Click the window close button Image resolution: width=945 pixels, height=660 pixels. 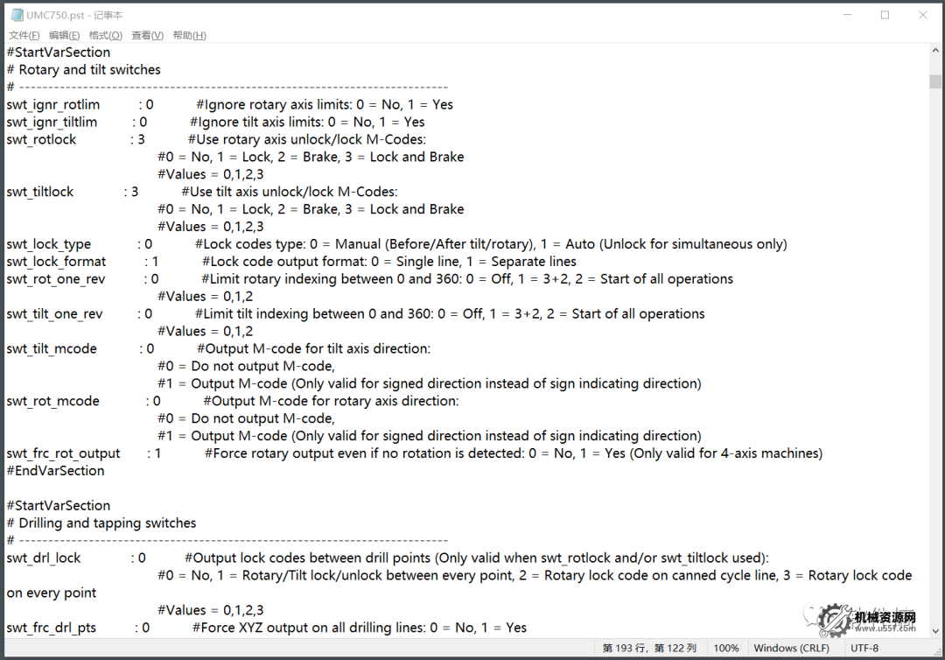923,15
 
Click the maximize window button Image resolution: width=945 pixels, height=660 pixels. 885,15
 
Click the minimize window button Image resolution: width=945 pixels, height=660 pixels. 846,15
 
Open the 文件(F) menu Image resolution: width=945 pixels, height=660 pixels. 24,35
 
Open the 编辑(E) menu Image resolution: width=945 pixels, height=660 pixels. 64,35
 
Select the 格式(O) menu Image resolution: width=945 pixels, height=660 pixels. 106,35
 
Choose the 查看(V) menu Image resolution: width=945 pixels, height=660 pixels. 147,35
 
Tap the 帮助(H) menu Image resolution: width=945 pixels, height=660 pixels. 189,35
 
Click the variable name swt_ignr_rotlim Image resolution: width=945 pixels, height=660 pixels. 52,104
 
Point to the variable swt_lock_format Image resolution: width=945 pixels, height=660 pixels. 56,262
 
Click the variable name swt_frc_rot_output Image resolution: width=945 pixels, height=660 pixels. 63,453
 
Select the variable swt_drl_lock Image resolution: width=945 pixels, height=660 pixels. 43,558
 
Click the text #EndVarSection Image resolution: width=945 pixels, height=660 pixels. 55,471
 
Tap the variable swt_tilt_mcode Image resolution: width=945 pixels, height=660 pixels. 52,348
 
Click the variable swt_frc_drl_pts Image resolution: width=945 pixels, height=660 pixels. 51,628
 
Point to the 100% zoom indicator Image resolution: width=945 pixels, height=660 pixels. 726,649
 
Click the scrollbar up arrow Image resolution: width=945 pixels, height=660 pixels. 935,52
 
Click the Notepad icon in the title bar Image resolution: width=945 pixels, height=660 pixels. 17,15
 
